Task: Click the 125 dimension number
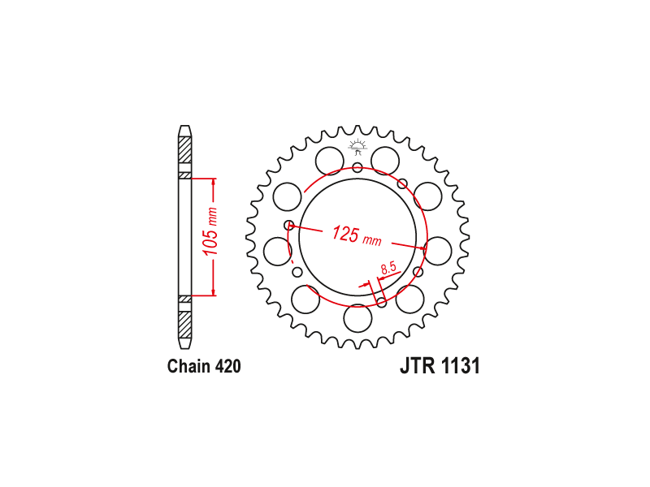[x=344, y=233]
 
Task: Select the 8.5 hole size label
[x=389, y=268]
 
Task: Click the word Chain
[x=188, y=367]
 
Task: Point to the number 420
[x=228, y=367]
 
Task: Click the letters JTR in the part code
[x=418, y=366]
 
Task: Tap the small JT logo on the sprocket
[x=357, y=146]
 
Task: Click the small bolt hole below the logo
[x=357, y=168]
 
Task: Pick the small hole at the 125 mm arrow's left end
[x=289, y=226]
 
